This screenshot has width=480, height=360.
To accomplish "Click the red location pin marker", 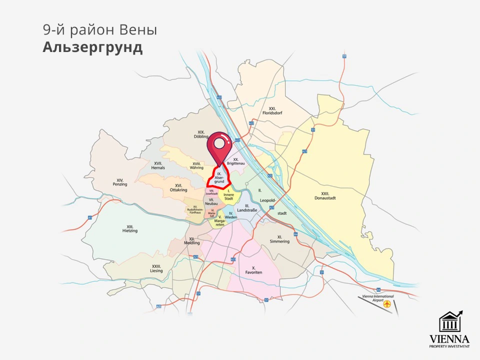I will point(219,145).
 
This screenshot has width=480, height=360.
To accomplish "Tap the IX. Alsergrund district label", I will point(219,179).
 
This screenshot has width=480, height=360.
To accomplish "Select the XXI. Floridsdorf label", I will point(272,110).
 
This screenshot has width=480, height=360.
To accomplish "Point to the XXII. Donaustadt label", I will point(328,195).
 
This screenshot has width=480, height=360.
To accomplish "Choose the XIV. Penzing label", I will point(120,182).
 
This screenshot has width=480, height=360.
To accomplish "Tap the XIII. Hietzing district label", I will point(129,228).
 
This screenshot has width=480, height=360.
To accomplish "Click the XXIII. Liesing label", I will point(156,268).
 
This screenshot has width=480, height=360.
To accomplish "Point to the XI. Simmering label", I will point(279,239).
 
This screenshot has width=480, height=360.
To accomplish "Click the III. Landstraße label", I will point(247,208).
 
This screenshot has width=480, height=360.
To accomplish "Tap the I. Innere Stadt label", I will point(228,195).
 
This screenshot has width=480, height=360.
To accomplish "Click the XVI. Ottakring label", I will point(178,187).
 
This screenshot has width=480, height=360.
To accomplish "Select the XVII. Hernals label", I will point(158,165).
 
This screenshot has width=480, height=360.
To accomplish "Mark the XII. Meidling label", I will point(192,241).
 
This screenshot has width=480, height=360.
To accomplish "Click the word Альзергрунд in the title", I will point(92,47).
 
